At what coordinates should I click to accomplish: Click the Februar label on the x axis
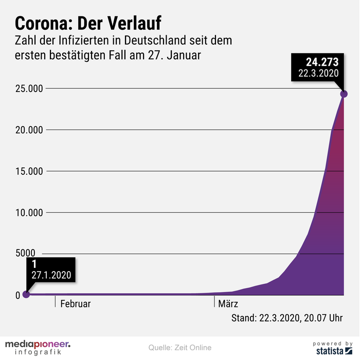click(x=76, y=303)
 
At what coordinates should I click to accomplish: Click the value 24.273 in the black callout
click(x=322, y=62)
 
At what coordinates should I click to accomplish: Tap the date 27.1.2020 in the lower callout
click(x=51, y=274)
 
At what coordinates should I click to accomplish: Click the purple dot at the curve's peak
click(x=344, y=94)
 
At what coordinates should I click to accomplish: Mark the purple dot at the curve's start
click(x=26, y=295)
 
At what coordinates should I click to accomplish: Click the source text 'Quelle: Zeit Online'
click(x=180, y=348)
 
